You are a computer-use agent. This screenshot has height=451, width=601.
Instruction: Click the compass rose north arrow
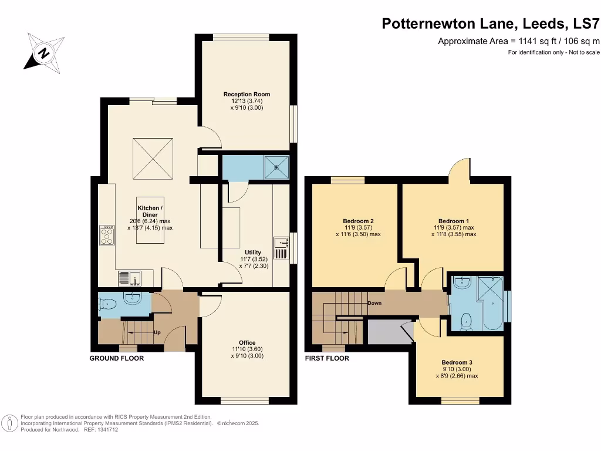click(x=43, y=53)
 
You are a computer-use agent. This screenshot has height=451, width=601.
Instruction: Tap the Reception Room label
click(x=247, y=94)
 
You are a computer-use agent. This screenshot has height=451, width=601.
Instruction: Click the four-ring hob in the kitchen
click(x=107, y=235)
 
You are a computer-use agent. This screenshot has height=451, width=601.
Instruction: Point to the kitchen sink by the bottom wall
click(x=129, y=277)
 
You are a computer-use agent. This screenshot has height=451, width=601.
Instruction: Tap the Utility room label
click(x=253, y=252)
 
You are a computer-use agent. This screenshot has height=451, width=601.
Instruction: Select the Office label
click(x=247, y=342)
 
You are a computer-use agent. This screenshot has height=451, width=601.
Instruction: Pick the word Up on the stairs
click(x=157, y=332)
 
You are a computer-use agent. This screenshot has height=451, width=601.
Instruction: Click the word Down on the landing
click(x=374, y=303)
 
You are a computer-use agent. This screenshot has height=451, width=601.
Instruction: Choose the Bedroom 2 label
click(x=358, y=221)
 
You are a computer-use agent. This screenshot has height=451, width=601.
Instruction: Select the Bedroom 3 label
click(x=457, y=362)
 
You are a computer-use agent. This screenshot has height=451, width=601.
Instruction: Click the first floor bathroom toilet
click(x=467, y=321)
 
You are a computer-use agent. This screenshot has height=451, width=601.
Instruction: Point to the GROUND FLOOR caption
click(x=116, y=358)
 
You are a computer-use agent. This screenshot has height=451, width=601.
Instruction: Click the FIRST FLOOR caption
click(x=327, y=358)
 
